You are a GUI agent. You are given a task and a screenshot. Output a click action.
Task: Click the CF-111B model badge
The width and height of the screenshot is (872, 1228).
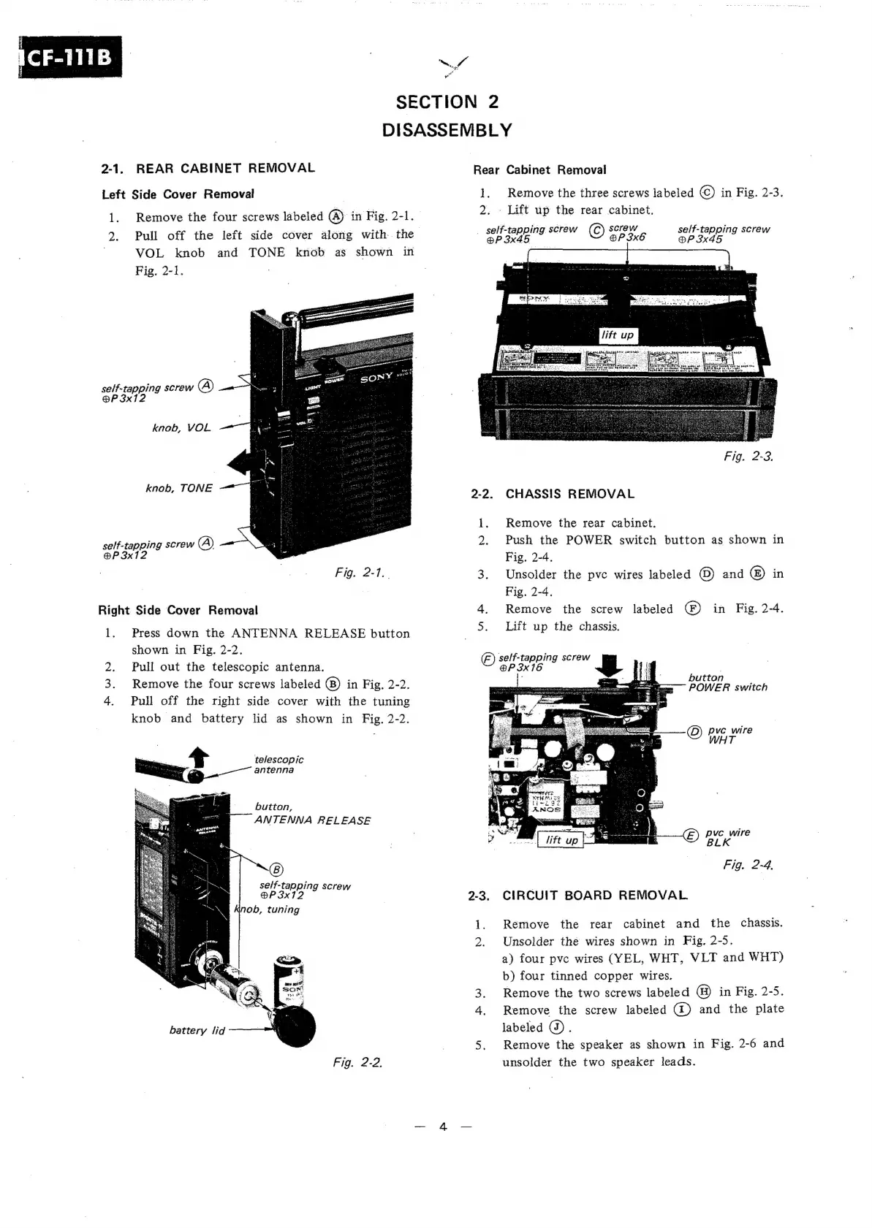tap(71, 56)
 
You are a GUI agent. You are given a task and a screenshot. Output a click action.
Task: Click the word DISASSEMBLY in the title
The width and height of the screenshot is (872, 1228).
tap(447, 131)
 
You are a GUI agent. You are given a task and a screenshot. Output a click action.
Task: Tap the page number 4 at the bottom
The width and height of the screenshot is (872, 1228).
tap(443, 1126)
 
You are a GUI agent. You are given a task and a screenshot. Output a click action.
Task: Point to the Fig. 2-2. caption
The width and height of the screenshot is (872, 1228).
tap(357, 1061)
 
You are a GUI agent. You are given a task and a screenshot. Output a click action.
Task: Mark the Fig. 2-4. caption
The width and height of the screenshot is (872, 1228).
tap(748, 866)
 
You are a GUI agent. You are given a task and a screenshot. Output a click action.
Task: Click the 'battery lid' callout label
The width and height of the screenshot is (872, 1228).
tap(197, 1030)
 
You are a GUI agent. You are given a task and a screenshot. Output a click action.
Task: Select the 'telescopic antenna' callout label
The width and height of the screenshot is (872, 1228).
tap(278, 765)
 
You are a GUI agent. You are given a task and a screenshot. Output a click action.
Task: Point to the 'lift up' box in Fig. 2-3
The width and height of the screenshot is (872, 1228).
tap(618, 335)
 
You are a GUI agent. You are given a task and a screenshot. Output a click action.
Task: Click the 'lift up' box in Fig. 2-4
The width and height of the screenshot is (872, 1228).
tap(561, 840)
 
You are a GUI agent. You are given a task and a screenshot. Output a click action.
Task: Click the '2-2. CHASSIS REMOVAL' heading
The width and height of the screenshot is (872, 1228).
tap(553, 494)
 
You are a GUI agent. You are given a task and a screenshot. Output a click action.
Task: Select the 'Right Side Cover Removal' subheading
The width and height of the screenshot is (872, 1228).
tap(178, 611)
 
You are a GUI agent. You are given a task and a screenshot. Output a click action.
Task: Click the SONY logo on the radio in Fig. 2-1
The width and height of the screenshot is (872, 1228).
tap(376, 379)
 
